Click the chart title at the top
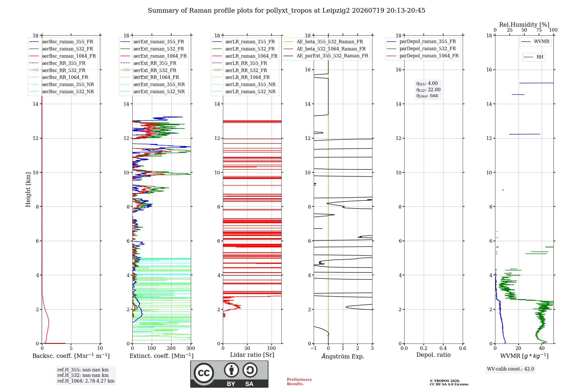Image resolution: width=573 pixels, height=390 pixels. pyautogui.click(x=286, y=11)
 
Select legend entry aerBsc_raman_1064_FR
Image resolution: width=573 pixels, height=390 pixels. pyautogui.click(x=63, y=56)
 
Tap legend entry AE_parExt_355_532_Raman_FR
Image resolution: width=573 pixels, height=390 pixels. pyautogui.click(x=326, y=56)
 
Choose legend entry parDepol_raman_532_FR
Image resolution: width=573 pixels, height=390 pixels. pyautogui.click(x=421, y=49)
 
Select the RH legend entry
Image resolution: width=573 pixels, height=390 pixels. pyautogui.click(x=533, y=57)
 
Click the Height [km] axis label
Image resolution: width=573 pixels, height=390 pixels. pyautogui.click(x=28, y=190)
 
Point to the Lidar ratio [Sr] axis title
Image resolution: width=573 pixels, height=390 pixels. pyautogui.click(x=252, y=355)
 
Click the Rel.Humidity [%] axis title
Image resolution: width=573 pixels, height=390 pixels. pyautogui.click(x=524, y=25)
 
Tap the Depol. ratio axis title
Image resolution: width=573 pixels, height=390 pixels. pyautogui.click(x=433, y=355)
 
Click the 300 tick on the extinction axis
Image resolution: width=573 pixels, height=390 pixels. pyautogui.click(x=191, y=348)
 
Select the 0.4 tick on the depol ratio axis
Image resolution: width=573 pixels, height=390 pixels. pyautogui.click(x=443, y=348)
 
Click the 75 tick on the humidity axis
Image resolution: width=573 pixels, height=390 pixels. pyautogui.click(x=539, y=30)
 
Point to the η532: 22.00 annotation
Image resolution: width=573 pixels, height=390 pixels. pyautogui.click(x=428, y=90)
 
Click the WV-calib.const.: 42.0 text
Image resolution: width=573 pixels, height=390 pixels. pyautogui.click(x=511, y=369)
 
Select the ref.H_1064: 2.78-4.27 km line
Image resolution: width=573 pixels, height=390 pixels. pyautogui.click(x=86, y=381)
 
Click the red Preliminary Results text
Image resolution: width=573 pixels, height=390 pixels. pyautogui.click(x=299, y=382)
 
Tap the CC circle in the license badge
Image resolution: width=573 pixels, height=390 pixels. pyautogui.click(x=204, y=373)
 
